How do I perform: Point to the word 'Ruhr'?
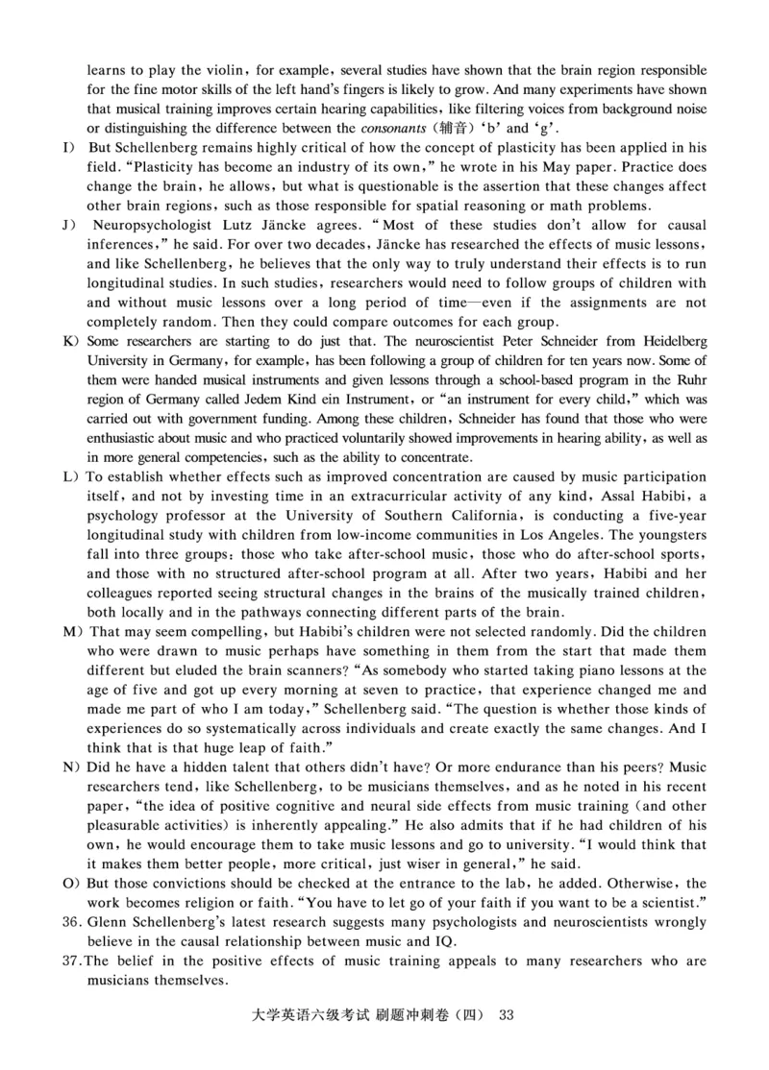coord(689,379)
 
